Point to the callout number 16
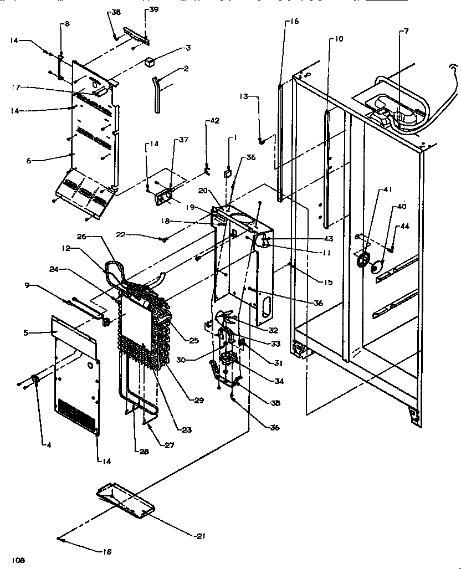click(x=294, y=22)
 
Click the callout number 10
click(x=339, y=38)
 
